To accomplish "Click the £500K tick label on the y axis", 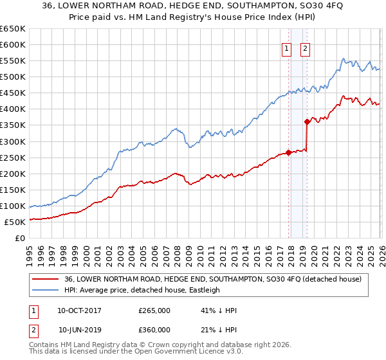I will pos(13,77).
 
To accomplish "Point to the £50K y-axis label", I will pos(15,222).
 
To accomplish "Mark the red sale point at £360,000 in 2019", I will pos(307,122).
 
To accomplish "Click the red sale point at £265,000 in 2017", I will pos(288,152).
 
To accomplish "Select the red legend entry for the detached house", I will pos(212,279).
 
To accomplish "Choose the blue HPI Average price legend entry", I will pos(142,290).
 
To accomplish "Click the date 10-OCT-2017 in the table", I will pos(80,310).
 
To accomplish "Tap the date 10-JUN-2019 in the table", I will pos(80,330).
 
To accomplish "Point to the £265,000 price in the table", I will pos(154,310).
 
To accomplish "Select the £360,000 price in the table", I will pos(154,330).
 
